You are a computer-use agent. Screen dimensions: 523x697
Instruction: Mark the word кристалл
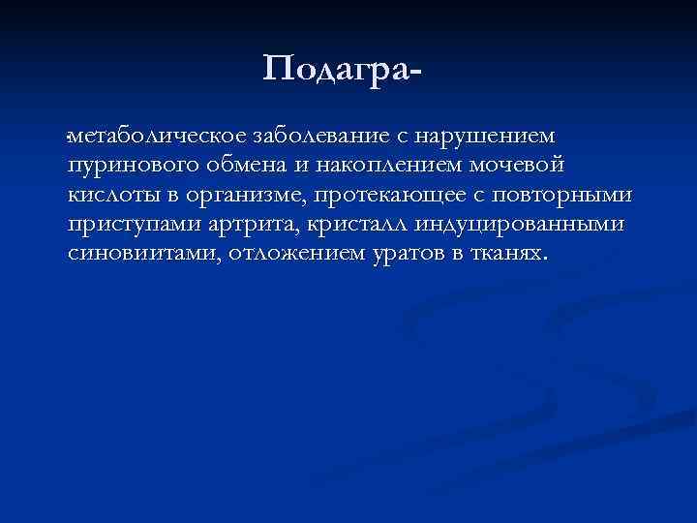pos(358,226)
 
